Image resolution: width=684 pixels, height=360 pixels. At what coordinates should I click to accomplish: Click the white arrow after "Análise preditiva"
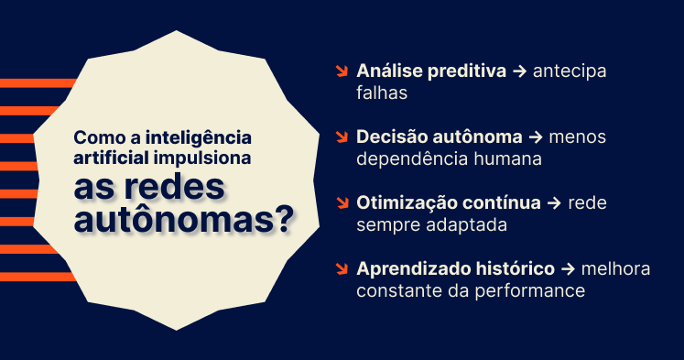(x=519, y=71)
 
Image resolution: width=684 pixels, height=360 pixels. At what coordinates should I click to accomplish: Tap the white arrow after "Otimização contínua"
(x=552, y=203)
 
